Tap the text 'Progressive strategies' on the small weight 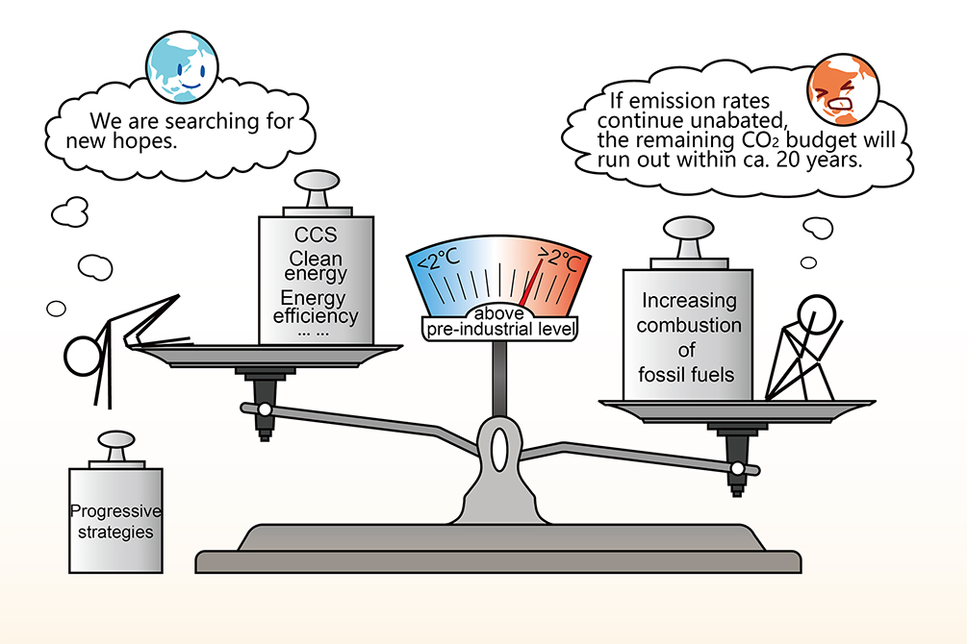pos(115,521)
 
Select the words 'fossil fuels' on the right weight pos(686,373)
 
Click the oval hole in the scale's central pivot pos(499,451)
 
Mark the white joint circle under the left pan pos(264,409)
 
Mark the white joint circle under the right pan pos(737,468)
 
